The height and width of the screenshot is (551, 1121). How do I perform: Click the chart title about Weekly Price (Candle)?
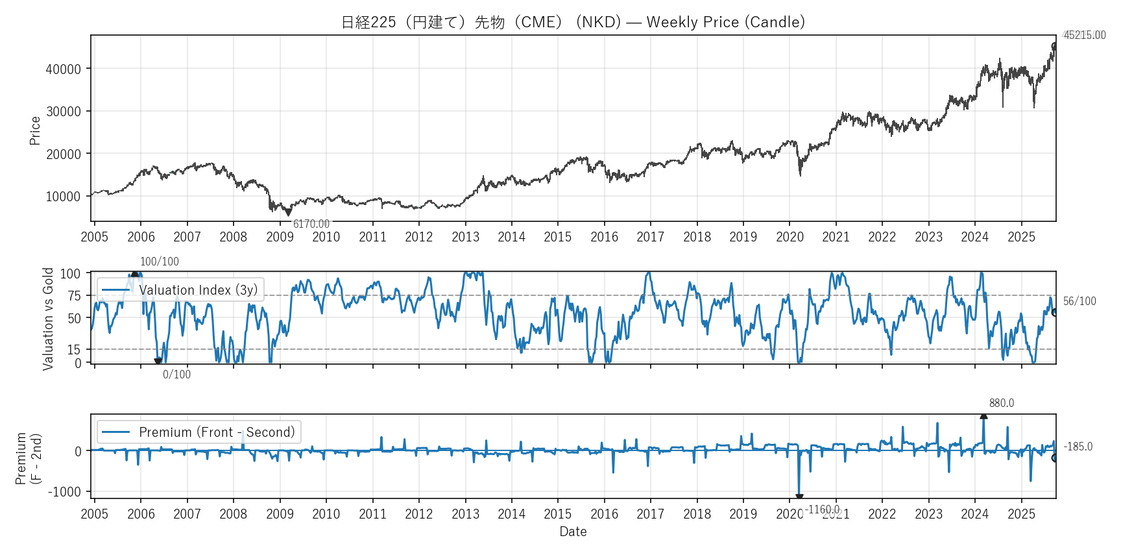tap(573, 22)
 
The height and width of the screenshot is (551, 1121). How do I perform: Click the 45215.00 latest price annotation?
tap(1085, 35)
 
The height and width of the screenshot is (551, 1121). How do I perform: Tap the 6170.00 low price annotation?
tap(311, 224)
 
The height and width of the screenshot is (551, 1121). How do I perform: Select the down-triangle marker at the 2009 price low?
tap(289, 212)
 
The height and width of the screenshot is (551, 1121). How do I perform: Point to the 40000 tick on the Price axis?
tap(63, 69)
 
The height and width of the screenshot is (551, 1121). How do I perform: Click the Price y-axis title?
tap(35, 130)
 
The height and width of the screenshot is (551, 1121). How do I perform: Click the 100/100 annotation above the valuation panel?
tap(160, 262)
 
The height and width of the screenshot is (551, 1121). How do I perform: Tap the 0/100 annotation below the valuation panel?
tap(176, 374)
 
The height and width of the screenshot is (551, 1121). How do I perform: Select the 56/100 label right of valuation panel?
tap(1079, 301)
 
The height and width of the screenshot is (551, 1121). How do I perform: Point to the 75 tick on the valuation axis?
tap(74, 296)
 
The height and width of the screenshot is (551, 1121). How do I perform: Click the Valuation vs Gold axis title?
tap(48, 319)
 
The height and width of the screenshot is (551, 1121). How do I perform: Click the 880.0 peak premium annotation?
tap(1002, 403)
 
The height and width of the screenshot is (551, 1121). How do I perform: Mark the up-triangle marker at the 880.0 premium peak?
tap(983, 415)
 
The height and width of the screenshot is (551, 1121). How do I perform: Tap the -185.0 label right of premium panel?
tap(1078, 447)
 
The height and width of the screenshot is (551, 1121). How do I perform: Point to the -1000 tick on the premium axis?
tap(64, 492)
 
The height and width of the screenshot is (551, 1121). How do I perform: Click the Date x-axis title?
tap(573, 532)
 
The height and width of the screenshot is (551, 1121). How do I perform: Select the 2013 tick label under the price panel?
tap(465, 237)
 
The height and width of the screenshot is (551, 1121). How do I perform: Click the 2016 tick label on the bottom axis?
tap(604, 514)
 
